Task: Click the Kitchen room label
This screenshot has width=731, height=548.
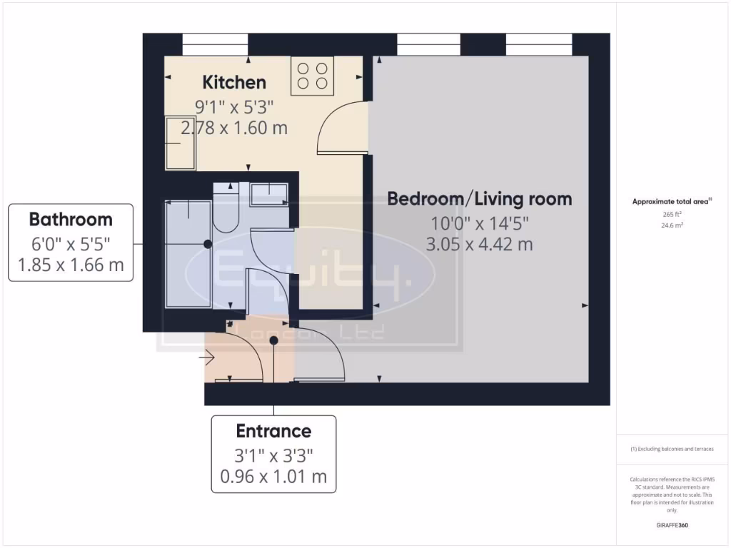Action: [x=234, y=81]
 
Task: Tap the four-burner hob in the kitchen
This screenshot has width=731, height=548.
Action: [x=313, y=76]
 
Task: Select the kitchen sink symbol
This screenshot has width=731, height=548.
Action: [x=181, y=143]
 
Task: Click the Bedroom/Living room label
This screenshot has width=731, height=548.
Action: [x=479, y=198]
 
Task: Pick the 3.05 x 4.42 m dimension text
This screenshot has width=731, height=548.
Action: [x=479, y=244]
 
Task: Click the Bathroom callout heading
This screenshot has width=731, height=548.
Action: [x=71, y=219]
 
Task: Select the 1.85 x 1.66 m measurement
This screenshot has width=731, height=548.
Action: [x=71, y=265]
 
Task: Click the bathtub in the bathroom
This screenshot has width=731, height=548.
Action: [x=188, y=254]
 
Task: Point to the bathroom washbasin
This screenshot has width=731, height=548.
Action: [x=268, y=193]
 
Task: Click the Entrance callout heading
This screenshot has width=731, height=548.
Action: [x=273, y=431]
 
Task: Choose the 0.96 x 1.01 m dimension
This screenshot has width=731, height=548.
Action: [x=273, y=476]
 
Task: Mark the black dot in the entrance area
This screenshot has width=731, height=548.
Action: [x=274, y=341]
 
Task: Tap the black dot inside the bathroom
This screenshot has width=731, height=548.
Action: [x=208, y=243]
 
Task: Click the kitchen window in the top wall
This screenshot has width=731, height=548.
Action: [x=215, y=44]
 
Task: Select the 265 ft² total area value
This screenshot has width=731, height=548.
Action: [x=671, y=214]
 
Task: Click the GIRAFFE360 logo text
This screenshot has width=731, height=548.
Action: [x=671, y=526]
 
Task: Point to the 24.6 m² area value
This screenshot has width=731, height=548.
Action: [x=671, y=225]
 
